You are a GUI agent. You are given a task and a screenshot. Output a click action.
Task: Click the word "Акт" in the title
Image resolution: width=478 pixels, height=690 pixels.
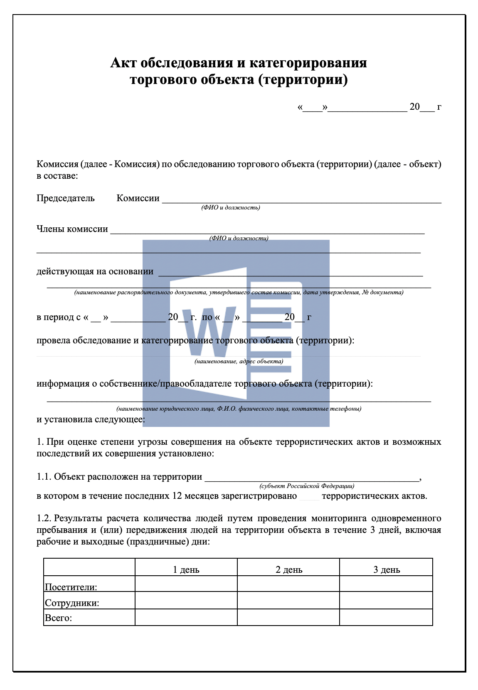tap(123, 63)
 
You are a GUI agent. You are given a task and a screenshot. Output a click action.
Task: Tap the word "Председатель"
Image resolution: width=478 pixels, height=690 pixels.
tap(66, 198)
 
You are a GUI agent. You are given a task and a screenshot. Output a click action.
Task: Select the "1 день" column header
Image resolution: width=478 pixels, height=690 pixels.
tap(186, 569)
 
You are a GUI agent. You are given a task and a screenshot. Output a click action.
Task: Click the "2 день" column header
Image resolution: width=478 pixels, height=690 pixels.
tap(289, 569)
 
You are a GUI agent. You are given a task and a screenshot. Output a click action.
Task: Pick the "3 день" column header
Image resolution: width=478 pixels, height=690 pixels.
tap(387, 569)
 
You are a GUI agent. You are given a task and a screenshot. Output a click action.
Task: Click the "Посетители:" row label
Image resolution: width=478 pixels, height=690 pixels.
tap(71, 587)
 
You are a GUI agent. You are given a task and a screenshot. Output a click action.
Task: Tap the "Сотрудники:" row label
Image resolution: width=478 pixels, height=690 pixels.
tap(72, 603)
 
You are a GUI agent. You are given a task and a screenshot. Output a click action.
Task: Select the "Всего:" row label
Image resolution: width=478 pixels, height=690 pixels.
tap(58, 618)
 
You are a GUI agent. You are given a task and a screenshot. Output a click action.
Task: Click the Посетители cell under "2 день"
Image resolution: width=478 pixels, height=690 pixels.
tap(288, 584)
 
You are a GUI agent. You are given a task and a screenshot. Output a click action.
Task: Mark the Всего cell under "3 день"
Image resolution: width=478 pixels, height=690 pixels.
tap(386, 617)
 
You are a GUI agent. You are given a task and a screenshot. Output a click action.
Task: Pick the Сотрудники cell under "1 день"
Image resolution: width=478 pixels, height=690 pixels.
tap(186, 600)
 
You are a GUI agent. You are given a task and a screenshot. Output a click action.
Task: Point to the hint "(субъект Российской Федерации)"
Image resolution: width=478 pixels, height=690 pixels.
tap(307, 486)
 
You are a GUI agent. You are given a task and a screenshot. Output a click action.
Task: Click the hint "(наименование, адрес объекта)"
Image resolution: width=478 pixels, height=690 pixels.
tap(239, 361)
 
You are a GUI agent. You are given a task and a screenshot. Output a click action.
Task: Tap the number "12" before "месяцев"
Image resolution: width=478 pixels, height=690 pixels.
tap(177, 496)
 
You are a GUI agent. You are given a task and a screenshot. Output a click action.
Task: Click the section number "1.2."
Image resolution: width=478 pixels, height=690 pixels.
tap(44, 518)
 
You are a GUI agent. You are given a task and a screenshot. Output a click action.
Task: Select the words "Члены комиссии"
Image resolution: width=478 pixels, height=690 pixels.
tap(72, 229)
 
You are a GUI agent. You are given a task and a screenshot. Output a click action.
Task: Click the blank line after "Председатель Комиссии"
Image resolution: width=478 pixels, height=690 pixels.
tap(301, 200)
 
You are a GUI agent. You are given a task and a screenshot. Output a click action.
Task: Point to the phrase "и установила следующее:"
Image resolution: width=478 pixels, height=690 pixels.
tap(91, 419)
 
